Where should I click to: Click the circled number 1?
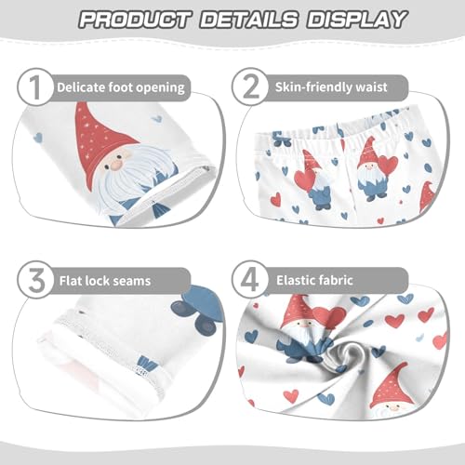point(35,87)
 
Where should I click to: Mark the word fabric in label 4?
point(362,276)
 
